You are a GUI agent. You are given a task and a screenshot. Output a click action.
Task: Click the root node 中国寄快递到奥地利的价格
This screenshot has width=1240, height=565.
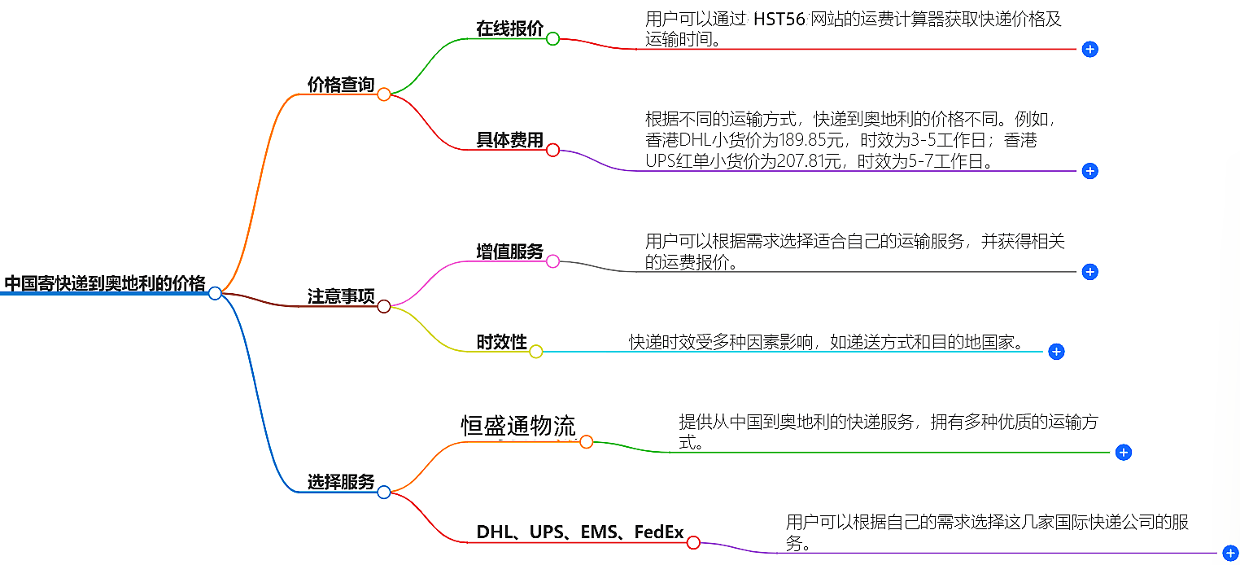pyautogui.click(x=105, y=283)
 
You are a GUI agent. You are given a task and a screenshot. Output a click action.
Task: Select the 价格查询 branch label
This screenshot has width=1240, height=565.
pyautogui.click(x=340, y=85)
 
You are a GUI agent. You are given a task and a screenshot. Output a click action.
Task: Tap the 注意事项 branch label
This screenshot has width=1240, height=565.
pyautogui.click(x=340, y=297)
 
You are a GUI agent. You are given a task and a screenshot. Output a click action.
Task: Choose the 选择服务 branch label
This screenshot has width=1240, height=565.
pyautogui.click(x=340, y=482)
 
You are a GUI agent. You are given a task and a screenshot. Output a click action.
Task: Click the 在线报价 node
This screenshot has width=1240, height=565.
pyautogui.click(x=509, y=28)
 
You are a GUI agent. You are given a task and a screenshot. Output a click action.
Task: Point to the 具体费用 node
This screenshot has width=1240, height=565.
pyautogui.click(x=509, y=140)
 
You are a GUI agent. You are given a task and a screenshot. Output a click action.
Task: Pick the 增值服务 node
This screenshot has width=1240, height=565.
pyautogui.click(x=509, y=252)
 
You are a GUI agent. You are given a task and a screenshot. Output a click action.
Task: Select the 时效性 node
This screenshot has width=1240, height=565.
pyautogui.click(x=501, y=342)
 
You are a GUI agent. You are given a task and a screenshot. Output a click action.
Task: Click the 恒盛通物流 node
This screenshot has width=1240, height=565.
pyautogui.click(x=518, y=426)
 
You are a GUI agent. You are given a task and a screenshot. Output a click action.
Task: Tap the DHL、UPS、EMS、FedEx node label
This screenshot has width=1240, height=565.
pyautogui.click(x=579, y=532)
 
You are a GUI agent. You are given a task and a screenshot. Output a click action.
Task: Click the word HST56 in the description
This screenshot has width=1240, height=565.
pyautogui.click(x=779, y=20)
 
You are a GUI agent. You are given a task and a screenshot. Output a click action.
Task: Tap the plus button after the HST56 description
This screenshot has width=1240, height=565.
pyautogui.click(x=1090, y=49)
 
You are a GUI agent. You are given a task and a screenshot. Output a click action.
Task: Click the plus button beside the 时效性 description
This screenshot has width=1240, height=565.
pyautogui.click(x=1056, y=352)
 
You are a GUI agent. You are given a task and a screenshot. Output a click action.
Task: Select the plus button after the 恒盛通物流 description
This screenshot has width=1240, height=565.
pyautogui.click(x=1124, y=453)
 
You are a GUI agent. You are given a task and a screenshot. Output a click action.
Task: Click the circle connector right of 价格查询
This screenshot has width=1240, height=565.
pyautogui.click(x=384, y=94)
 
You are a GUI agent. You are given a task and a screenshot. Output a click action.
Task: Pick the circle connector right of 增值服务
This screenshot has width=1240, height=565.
pyautogui.click(x=552, y=261)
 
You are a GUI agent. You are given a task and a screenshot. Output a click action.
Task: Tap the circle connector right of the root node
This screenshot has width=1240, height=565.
pyautogui.click(x=215, y=293)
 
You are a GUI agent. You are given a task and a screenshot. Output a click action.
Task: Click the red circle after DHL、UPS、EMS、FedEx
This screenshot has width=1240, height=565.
pyautogui.click(x=693, y=542)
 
